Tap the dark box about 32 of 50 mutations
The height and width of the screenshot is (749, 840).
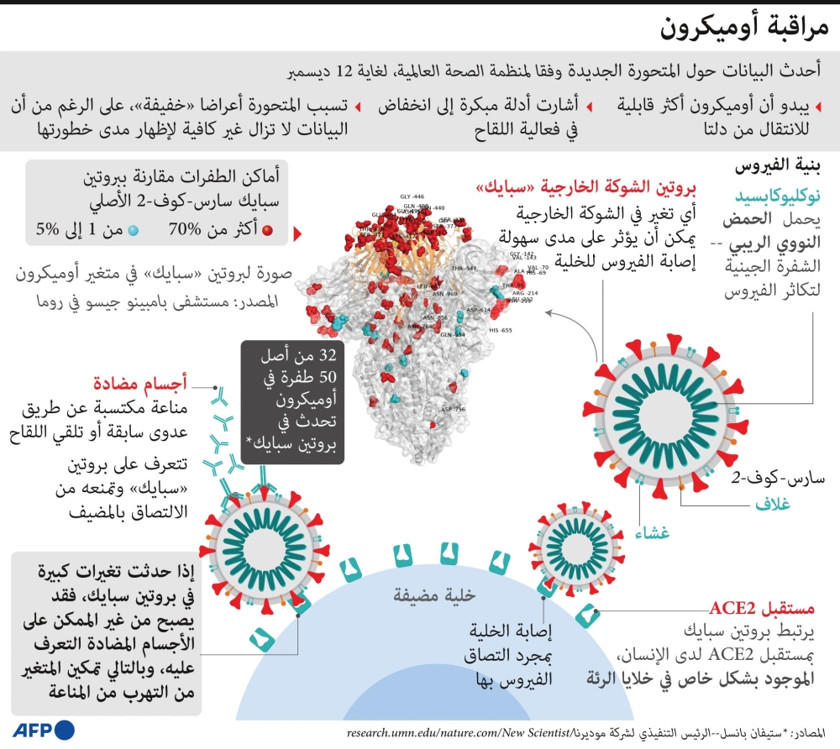(292, 402)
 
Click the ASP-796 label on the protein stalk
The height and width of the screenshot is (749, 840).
(454, 410)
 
